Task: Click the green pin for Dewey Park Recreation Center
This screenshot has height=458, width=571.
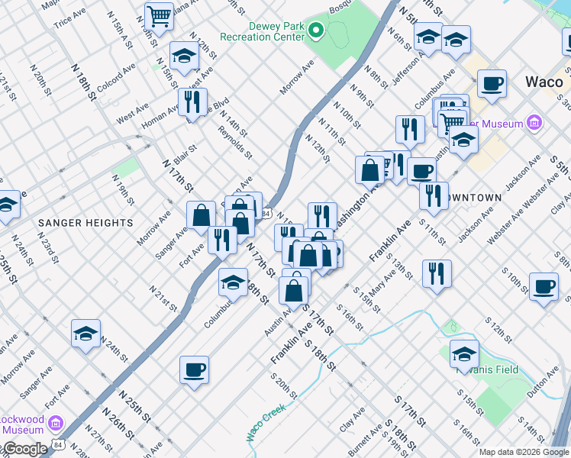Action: [314, 31]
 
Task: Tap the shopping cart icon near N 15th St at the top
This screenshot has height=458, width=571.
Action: [159, 15]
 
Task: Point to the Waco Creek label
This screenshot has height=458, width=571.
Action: [265, 421]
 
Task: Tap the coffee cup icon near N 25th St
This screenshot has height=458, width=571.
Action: [194, 371]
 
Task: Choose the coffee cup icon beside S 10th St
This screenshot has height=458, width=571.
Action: [544, 287]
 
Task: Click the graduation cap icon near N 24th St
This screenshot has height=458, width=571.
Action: [86, 334]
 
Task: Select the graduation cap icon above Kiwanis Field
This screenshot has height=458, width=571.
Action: [463, 353]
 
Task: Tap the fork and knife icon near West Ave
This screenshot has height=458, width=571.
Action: [192, 102]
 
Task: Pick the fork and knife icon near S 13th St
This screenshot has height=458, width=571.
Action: [436, 274]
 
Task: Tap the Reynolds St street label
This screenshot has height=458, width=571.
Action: [234, 140]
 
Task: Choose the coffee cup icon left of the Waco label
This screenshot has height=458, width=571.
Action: [492, 84]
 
